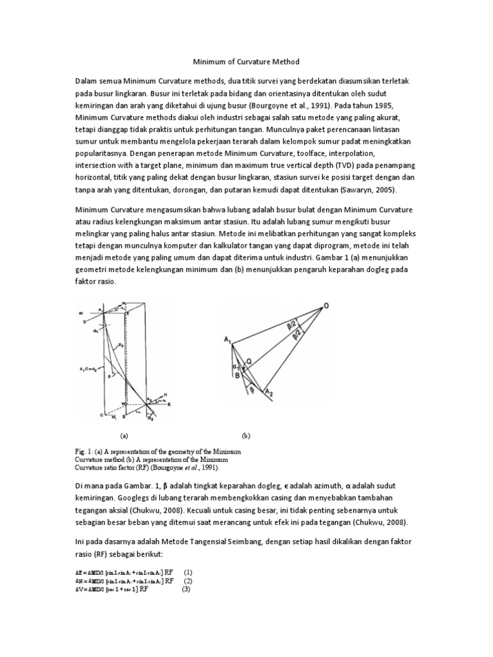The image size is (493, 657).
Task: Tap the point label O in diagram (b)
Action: click(x=325, y=307)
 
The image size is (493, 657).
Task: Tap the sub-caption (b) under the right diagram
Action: click(x=246, y=434)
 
